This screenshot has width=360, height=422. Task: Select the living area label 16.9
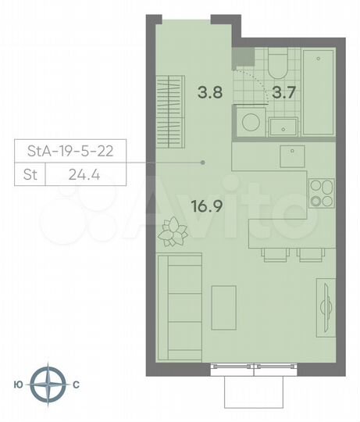(x=204, y=207)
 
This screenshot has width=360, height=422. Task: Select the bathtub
(x=319, y=91)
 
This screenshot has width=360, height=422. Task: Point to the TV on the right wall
(x=326, y=307)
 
